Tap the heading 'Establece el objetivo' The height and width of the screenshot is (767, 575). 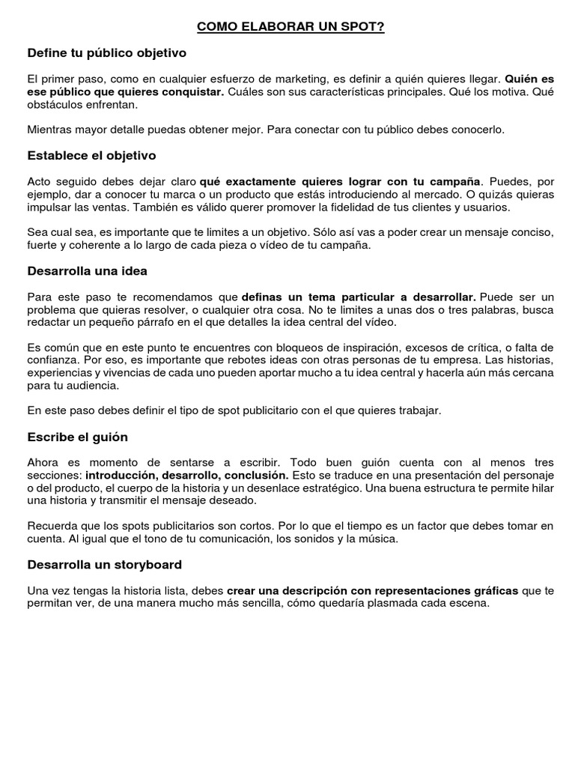click(91, 156)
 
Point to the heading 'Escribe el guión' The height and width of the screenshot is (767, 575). click(78, 437)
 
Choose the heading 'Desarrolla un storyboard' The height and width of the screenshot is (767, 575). click(105, 564)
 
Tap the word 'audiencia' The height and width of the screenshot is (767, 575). click(93, 385)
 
